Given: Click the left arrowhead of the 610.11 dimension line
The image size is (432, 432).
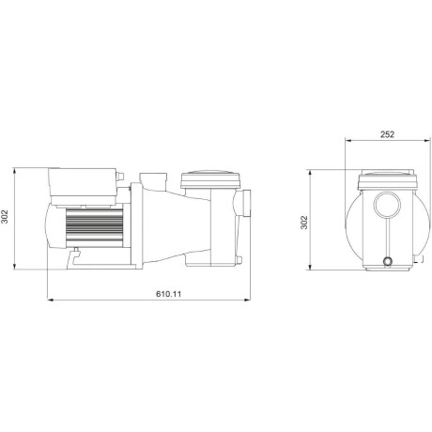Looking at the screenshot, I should [49, 301].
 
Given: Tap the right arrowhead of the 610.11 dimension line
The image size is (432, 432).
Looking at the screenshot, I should [251, 301].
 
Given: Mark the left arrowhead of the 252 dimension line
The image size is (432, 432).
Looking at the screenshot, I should [349, 143].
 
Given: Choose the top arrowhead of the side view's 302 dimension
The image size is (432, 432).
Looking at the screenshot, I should [18, 172].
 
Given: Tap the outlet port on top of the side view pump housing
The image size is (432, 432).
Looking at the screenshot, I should [149, 178].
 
